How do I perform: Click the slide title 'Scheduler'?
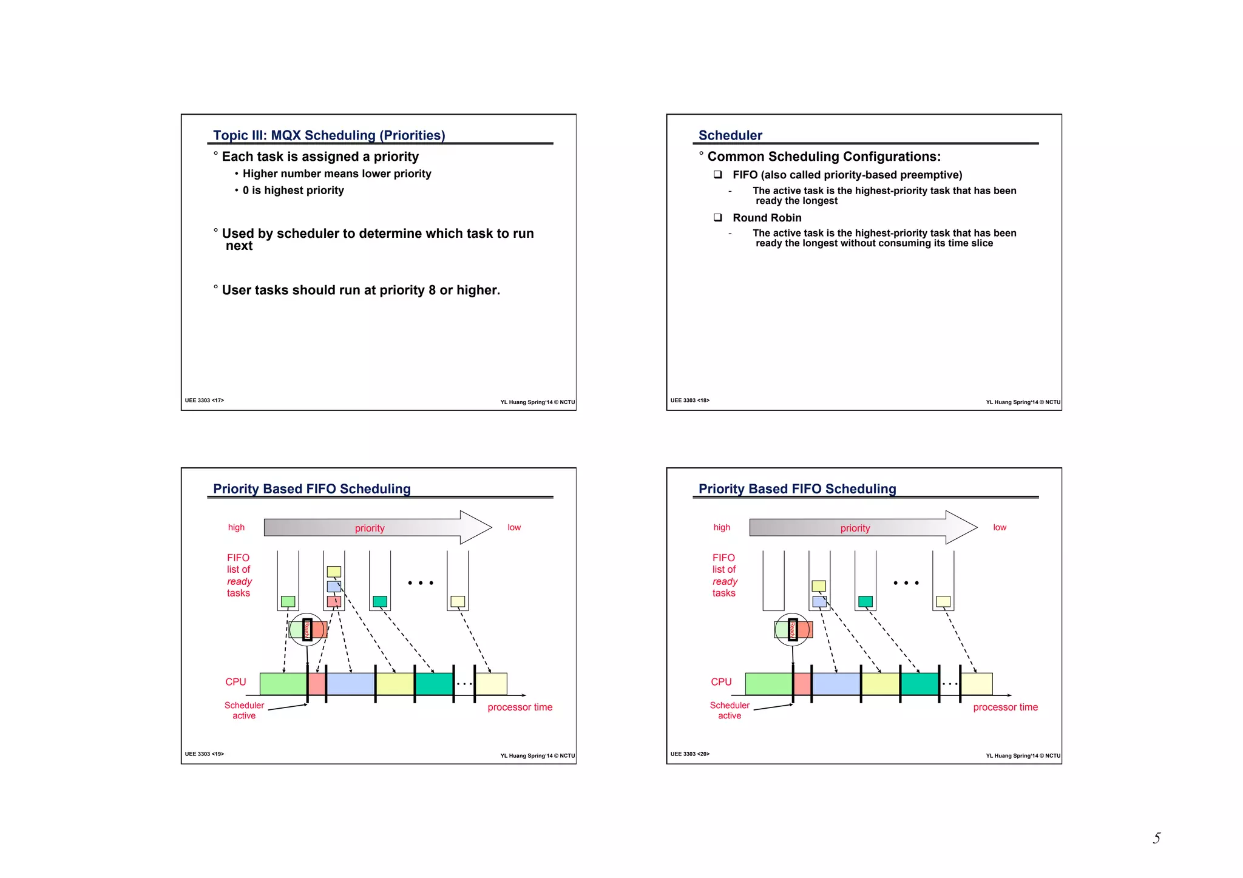coord(730,135)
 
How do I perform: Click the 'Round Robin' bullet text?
coord(767,218)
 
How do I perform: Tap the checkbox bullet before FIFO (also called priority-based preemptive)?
coord(717,175)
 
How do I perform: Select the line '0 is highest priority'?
coord(293,191)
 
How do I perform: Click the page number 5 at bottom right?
coord(1156,838)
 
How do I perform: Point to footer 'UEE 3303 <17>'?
coord(205,400)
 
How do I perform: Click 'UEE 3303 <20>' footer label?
coord(689,754)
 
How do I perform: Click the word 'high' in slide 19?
coord(236,527)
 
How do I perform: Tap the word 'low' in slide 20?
coord(999,527)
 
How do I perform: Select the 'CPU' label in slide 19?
coord(235,682)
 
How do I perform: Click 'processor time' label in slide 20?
coord(1005,707)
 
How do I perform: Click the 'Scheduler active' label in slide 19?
coord(244,711)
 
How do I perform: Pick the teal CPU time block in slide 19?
coord(434,684)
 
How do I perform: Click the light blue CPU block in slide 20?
coord(836,684)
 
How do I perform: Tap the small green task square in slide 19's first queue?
coord(288,601)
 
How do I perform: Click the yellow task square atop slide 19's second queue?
coord(334,572)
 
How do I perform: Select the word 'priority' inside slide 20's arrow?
coord(855,528)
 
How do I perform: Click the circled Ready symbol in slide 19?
coord(307,629)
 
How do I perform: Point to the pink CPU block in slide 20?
coord(802,684)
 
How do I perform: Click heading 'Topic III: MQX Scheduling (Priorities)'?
coord(329,135)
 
